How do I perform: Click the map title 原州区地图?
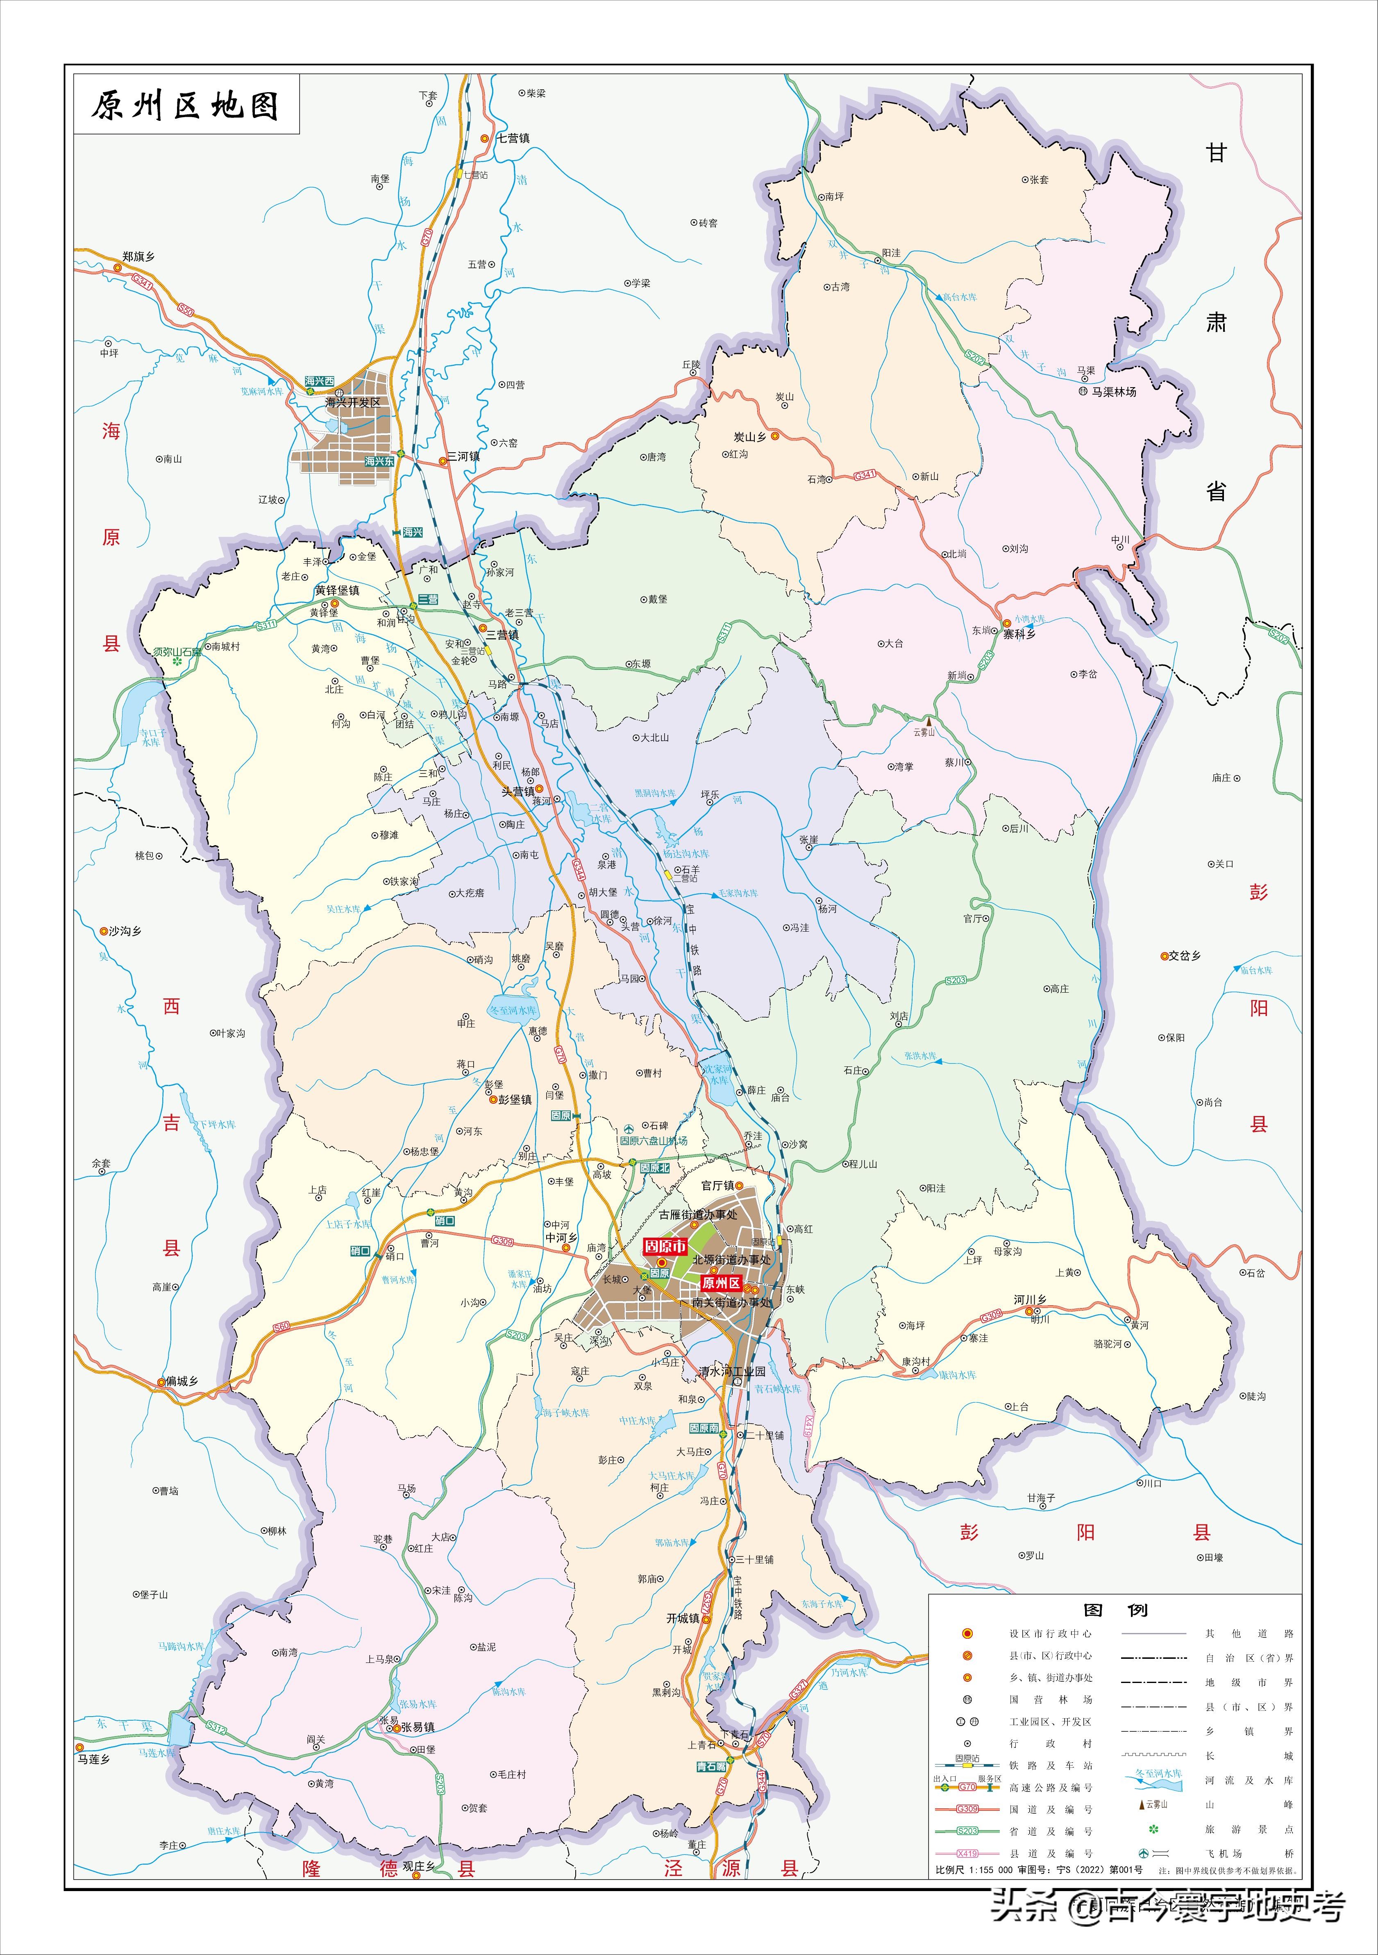186,106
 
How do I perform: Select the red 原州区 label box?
720,1283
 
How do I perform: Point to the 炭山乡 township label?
750,437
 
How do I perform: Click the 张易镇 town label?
418,1727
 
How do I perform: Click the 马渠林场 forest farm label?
1114,392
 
